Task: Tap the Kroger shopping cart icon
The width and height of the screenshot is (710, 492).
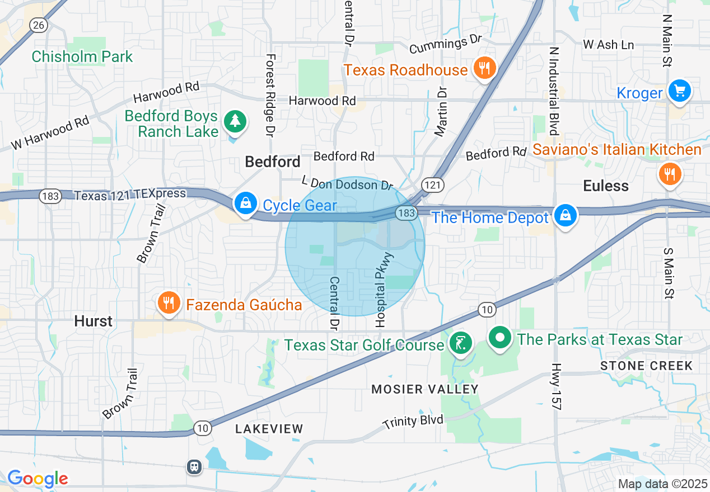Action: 679,91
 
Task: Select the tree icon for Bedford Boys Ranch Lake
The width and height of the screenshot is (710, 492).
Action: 235,121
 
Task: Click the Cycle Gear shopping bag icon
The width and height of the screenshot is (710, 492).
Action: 245,204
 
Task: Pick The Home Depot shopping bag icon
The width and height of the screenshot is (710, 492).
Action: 566,216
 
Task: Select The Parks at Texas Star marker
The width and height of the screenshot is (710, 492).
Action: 501,339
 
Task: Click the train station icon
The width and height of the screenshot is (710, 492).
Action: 194,467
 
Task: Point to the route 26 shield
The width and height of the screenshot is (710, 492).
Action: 38,25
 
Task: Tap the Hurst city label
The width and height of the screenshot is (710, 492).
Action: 94,321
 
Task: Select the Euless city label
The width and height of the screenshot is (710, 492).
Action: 606,186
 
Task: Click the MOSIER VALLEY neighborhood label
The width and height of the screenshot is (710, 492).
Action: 425,389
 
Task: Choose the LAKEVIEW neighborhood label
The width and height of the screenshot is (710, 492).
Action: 269,429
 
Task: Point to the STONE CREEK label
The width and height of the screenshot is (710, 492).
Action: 646,366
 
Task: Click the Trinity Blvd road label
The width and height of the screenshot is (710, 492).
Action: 413,420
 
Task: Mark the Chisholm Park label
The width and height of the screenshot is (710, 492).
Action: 82,56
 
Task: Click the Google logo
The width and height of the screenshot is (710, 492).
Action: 38,479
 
